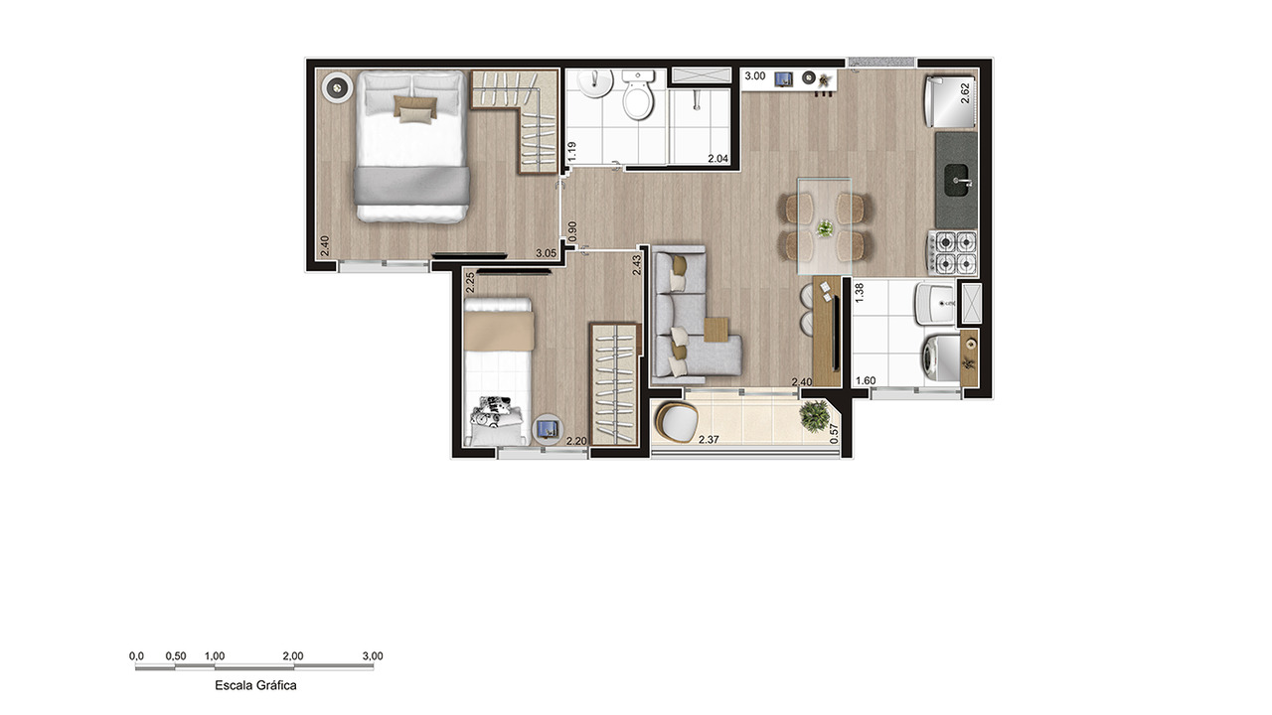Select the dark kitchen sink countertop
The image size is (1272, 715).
pyautogui.click(x=956, y=180)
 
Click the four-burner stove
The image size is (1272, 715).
pyautogui.click(x=952, y=252)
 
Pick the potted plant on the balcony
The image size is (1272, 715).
pyautogui.click(x=817, y=415)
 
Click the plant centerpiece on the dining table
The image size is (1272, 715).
pyautogui.click(x=825, y=229)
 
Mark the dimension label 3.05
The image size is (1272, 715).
pyautogui.click(x=546, y=254)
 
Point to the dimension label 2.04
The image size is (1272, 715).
pyautogui.click(x=717, y=159)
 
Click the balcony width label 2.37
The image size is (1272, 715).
pyautogui.click(x=710, y=440)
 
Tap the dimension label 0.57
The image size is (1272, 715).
pyautogui.click(x=835, y=433)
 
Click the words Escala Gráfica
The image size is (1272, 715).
pyautogui.click(x=255, y=685)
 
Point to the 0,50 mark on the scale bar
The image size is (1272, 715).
pyautogui.click(x=175, y=656)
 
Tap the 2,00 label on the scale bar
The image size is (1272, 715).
pyautogui.click(x=292, y=656)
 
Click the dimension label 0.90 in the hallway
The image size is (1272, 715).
pyautogui.click(x=571, y=232)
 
